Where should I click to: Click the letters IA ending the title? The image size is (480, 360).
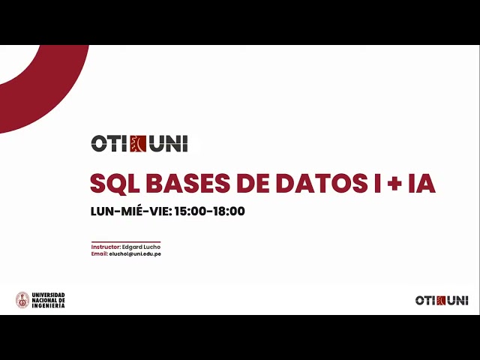tap(421, 183)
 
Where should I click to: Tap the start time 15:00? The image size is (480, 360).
tap(190, 211)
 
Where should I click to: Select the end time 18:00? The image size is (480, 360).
tap(228, 211)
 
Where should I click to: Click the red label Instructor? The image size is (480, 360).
tap(105, 247)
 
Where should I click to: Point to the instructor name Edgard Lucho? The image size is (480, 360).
tap(141, 247)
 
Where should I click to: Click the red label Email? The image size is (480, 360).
tap(100, 254)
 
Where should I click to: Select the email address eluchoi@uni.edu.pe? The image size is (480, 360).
tap(136, 254)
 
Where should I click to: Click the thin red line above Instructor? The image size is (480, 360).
tap(125, 241)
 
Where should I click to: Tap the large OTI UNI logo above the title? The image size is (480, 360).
tap(139, 143)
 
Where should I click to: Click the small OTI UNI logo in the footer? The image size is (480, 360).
tap(442, 300)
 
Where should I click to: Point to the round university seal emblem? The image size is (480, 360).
tap(22, 300)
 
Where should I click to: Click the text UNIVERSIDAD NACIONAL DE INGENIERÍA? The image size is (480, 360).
tap(48, 300)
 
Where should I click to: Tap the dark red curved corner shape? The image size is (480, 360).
tap(37, 82)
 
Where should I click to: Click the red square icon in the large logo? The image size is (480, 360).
tap(139, 143)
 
